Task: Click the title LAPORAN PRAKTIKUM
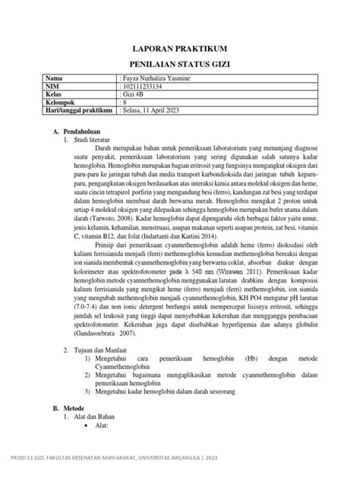[x=180, y=48]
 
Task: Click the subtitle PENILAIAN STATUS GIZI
[x=180, y=65]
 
